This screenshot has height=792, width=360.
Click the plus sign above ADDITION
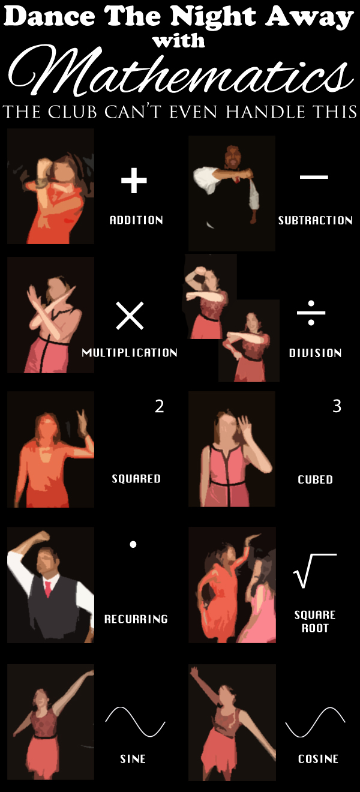point(134,181)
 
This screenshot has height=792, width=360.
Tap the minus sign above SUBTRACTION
point(314,176)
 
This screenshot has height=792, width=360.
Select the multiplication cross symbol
point(130,316)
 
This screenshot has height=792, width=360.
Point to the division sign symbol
point(311,313)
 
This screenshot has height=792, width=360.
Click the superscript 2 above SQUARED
point(160,406)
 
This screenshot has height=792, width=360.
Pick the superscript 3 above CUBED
point(337,406)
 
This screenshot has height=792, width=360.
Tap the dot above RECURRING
point(133,545)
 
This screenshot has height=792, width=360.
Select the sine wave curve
point(136,722)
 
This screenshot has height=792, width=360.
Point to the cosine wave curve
point(315,722)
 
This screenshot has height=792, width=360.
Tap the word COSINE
point(318,759)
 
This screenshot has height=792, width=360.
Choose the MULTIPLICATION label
point(130,353)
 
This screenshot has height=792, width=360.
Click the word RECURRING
point(136,619)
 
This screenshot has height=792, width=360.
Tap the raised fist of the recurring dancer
point(42,536)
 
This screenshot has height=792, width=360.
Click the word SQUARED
point(136,479)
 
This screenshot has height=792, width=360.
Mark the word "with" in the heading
point(179,41)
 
